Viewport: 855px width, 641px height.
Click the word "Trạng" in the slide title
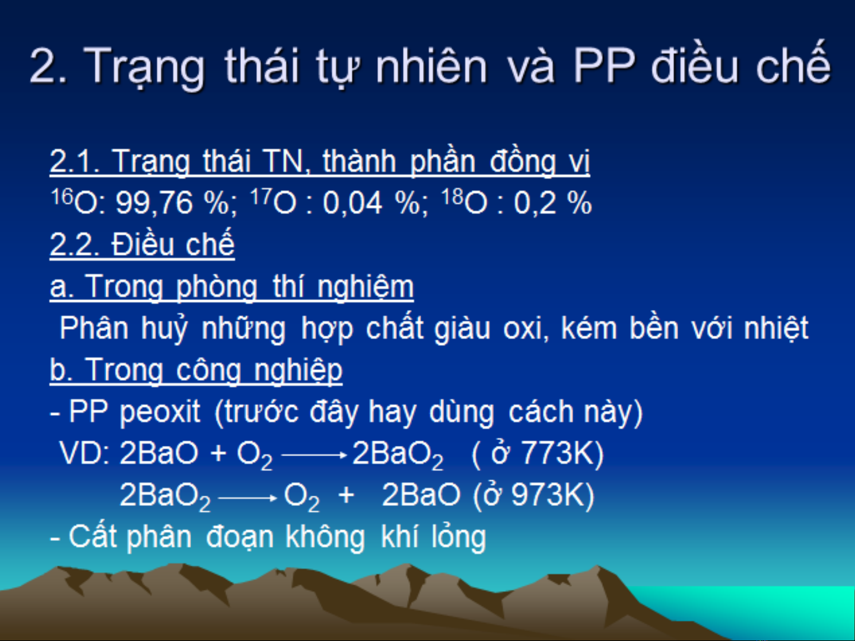click(x=144, y=67)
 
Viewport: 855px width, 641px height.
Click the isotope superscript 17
click(x=260, y=196)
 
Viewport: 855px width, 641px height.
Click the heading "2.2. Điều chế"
click(x=142, y=244)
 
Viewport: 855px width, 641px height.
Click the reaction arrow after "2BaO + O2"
click(x=314, y=455)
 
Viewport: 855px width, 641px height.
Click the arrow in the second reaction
click(x=248, y=498)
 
